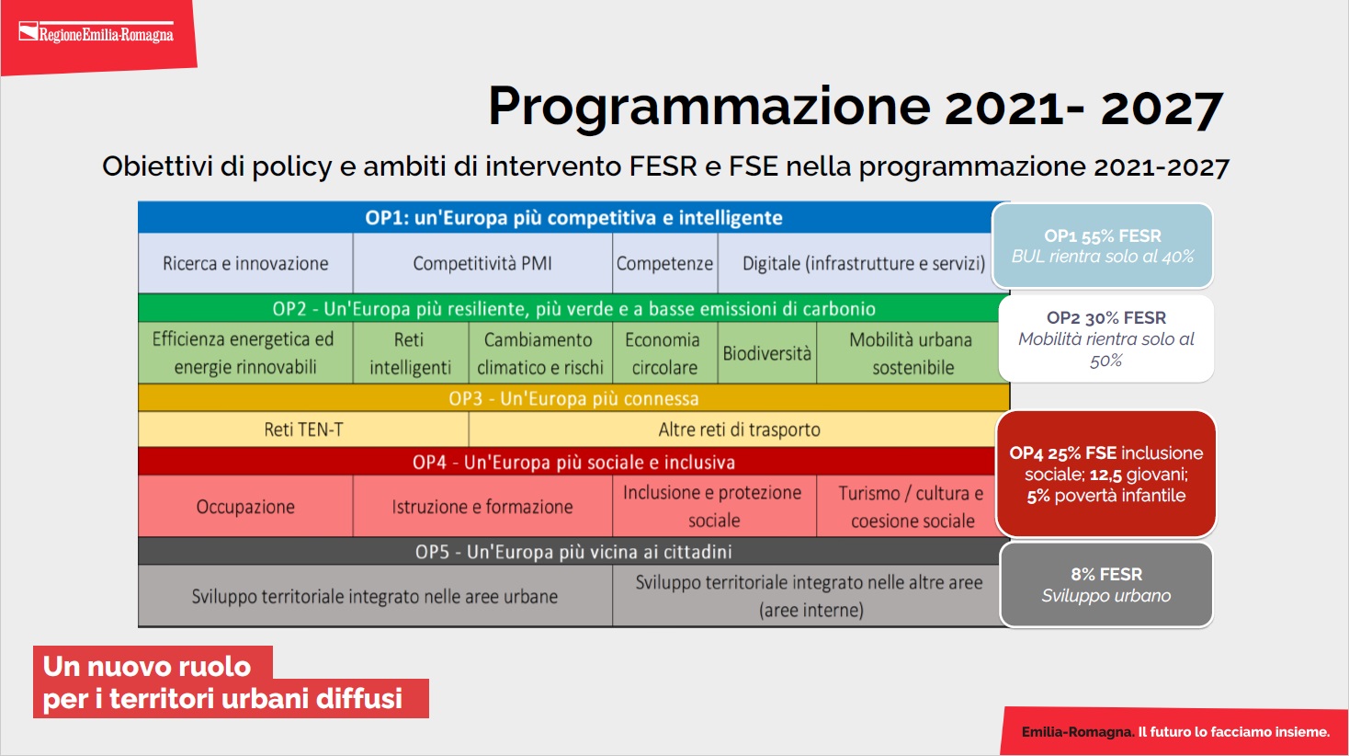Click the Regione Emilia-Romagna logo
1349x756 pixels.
tap(96, 32)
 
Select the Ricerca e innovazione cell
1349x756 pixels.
tap(245, 263)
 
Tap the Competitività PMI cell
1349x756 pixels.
tap(482, 263)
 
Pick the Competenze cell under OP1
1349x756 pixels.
tap(665, 263)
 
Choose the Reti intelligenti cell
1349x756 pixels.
tap(410, 353)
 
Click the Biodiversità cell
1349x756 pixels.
tap(766, 353)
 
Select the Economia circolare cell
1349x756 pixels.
tap(665, 353)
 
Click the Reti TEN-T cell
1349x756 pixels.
tap(303, 430)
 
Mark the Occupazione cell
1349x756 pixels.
tap(245, 507)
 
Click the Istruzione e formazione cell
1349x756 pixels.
tap(482, 507)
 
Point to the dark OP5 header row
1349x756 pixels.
tap(572, 552)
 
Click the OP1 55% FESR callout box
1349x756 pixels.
tap(1102, 246)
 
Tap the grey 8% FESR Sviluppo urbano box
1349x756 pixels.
tap(1106, 585)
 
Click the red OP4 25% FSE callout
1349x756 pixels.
tap(1106, 474)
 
